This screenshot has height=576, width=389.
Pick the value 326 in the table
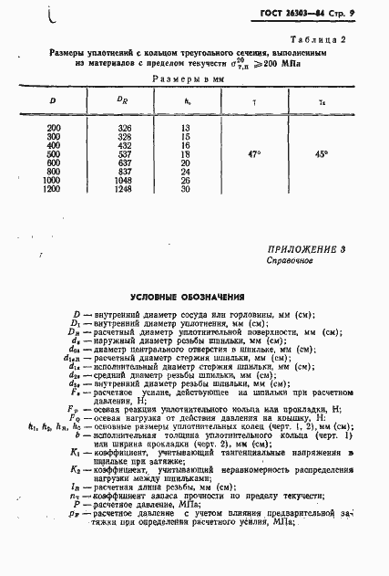[x=126, y=127]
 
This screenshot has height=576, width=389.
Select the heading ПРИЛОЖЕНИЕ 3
[x=307, y=249]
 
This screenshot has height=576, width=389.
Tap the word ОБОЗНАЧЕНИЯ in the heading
[x=215, y=297]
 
